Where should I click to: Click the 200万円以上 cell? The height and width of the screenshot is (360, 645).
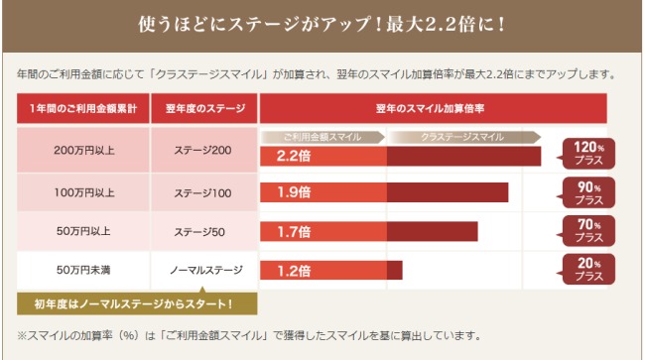[x=82, y=151]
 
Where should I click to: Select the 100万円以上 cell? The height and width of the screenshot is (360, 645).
[x=82, y=191]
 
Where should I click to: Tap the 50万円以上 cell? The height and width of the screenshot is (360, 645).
[x=82, y=231]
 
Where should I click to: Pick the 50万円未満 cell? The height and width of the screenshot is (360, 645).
[x=82, y=270]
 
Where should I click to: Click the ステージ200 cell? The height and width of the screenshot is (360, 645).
[x=203, y=151]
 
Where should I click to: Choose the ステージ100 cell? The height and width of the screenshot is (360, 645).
[x=203, y=191]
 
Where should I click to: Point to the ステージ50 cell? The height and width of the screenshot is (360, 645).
[x=203, y=231]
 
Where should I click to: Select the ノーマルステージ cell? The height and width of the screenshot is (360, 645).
[x=203, y=270]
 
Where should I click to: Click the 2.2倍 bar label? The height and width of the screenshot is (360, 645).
[x=295, y=156]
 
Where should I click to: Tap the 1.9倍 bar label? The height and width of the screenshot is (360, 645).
[x=295, y=192]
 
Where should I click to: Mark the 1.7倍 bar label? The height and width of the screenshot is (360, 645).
[x=295, y=232]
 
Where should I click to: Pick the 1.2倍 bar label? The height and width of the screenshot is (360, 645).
[x=295, y=270]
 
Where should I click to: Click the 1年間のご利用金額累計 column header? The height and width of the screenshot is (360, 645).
[x=82, y=107]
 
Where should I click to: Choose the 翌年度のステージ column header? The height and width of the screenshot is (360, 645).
[x=203, y=107]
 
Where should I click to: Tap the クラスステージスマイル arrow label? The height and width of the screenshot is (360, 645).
[x=462, y=136]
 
